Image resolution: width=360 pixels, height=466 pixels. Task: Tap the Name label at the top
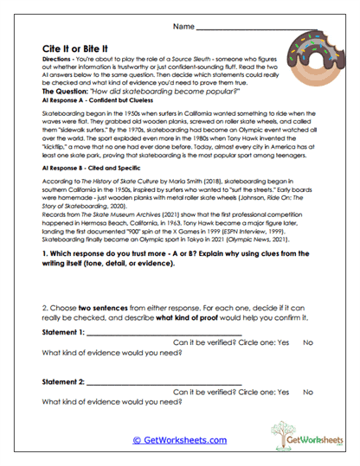coord(185,28)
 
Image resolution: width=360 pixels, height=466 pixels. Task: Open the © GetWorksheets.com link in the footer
coord(180,439)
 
